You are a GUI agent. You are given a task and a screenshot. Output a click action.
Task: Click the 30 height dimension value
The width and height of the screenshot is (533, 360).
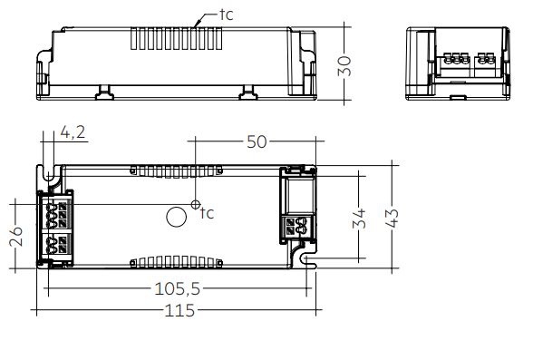coord(344,66)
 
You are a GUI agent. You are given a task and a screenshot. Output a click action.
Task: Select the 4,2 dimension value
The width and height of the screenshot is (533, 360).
coord(73,131)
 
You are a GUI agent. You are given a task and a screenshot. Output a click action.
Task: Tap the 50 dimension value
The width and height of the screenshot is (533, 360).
coord(257,141)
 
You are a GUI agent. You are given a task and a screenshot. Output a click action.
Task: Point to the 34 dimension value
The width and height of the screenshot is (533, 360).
coord(359,219)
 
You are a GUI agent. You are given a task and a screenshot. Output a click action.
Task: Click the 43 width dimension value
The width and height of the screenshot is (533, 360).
coord(392,219)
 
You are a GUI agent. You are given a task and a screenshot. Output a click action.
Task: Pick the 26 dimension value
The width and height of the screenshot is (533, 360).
coord(16,236)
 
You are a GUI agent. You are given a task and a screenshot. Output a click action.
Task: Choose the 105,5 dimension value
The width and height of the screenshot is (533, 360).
coord(178,289)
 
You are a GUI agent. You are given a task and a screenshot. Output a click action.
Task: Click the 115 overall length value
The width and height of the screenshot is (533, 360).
coord(179,310)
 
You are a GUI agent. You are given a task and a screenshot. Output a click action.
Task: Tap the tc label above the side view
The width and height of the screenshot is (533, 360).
coord(226,15)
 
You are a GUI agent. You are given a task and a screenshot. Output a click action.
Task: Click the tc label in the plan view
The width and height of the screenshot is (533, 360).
coord(207,213)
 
